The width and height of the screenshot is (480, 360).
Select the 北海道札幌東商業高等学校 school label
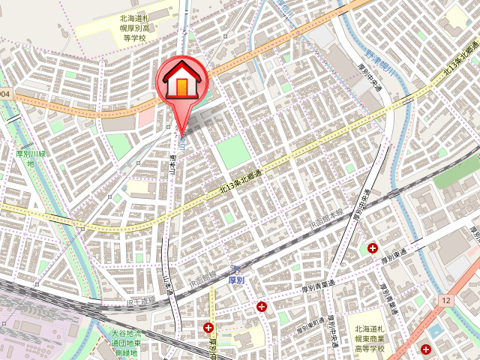370,338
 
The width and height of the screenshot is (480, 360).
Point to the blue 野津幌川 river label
382,60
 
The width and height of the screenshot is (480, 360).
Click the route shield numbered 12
446,300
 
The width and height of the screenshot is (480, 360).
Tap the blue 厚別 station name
235,280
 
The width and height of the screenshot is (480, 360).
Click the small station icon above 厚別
235,268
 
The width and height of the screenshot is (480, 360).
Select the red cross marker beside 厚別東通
373,248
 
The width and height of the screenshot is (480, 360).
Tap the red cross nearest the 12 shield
426,349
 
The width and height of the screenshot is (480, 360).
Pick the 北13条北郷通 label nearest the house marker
240,183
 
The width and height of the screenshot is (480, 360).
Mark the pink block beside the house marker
145,115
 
